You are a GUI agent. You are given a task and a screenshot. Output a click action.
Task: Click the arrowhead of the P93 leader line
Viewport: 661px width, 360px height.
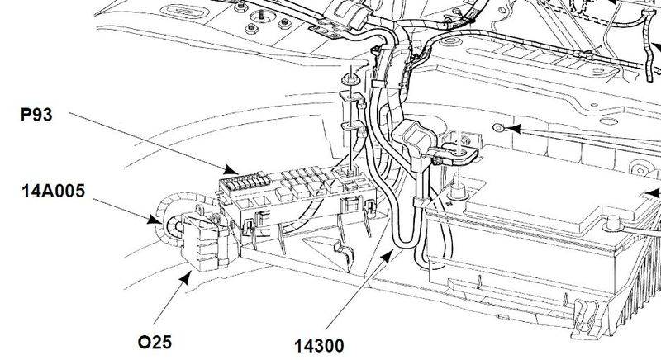(x=236, y=174)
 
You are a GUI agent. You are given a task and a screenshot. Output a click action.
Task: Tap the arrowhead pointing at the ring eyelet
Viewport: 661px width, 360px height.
(x=512, y=129)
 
